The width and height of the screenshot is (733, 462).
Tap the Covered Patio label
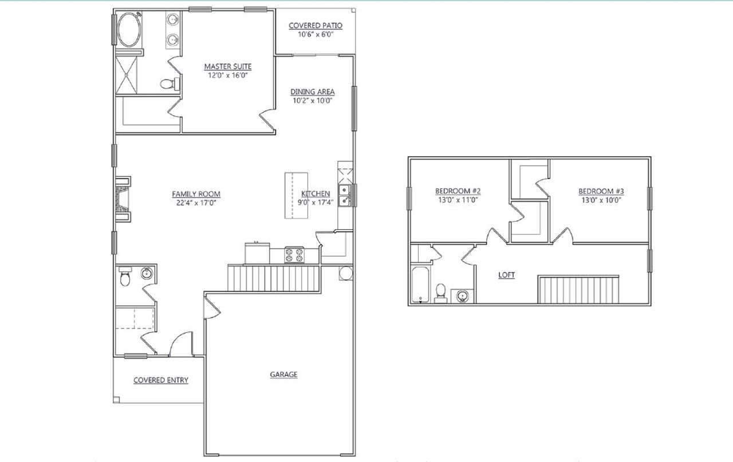click(x=316, y=26)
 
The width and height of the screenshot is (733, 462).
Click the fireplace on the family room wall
click(x=123, y=198)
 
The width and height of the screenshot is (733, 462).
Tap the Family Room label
click(x=196, y=194)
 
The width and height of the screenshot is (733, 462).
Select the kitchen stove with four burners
click(x=294, y=254)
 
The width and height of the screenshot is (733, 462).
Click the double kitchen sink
click(x=345, y=195)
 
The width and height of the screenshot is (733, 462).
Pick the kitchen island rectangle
click(x=296, y=195)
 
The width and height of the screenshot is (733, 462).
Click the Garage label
click(x=283, y=375)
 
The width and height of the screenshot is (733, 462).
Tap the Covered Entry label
click(x=160, y=380)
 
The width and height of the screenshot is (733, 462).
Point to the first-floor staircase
click(x=273, y=277)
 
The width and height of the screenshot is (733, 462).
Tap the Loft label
click(x=506, y=275)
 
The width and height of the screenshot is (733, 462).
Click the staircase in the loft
click(x=578, y=289)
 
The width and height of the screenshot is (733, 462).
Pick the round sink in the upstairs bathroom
click(x=462, y=296)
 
